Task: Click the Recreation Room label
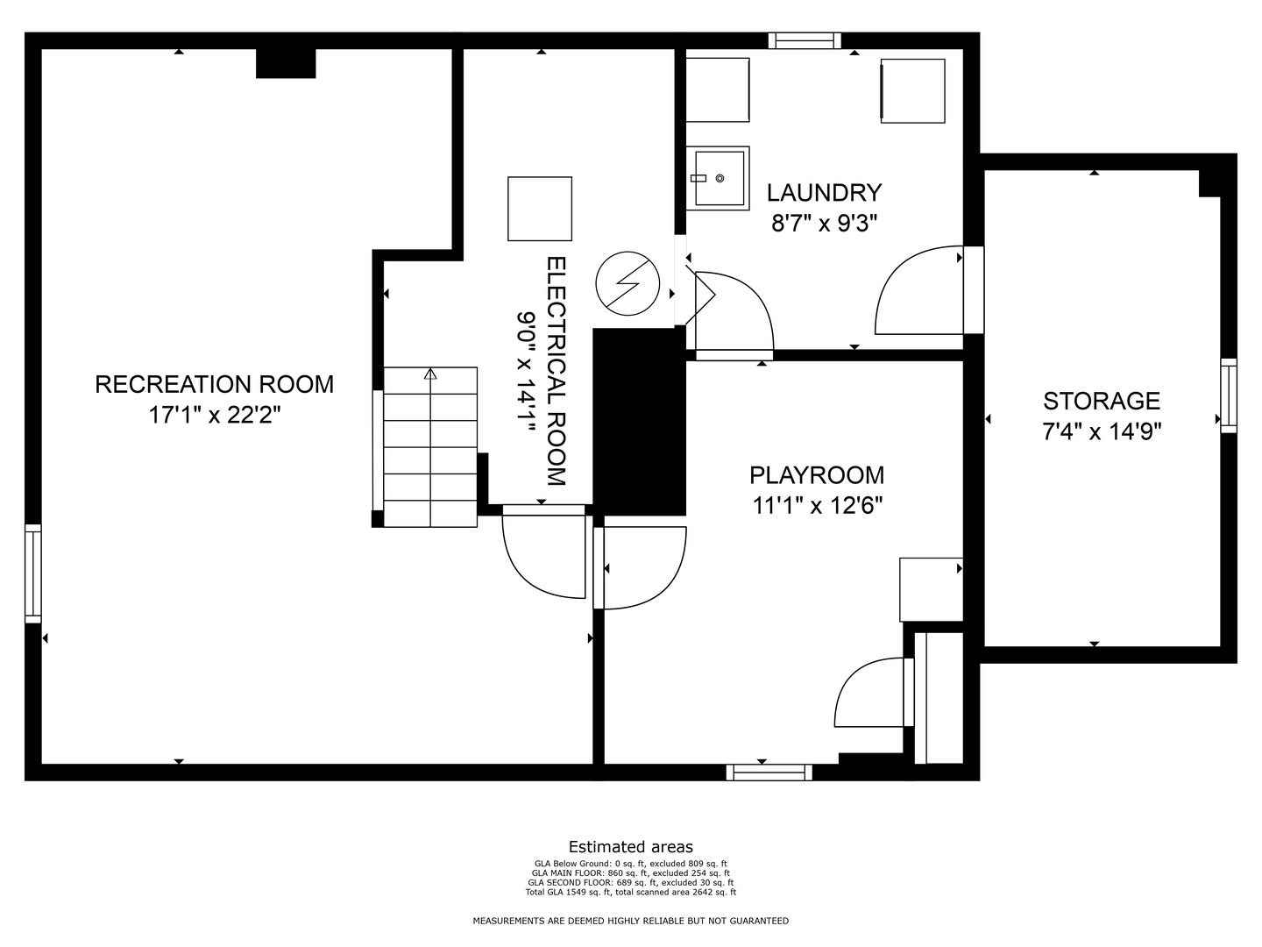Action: pyautogui.click(x=214, y=384)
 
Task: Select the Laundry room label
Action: pyautogui.click(x=824, y=192)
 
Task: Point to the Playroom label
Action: pyautogui.click(x=816, y=475)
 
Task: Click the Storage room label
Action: pyautogui.click(x=1101, y=401)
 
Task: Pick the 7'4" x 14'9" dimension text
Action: pyautogui.click(x=1101, y=431)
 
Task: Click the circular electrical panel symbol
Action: pyautogui.click(x=627, y=283)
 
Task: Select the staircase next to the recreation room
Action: pyautogui.click(x=430, y=447)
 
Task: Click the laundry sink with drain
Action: pyautogui.click(x=717, y=178)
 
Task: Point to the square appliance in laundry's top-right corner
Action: pyautogui.click(x=912, y=90)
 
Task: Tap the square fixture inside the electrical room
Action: pyautogui.click(x=540, y=209)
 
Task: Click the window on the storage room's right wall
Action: pyautogui.click(x=1229, y=395)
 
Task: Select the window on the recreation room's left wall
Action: pyautogui.click(x=32, y=573)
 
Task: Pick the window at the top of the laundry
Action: pyautogui.click(x=805, y=39)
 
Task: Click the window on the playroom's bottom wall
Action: pyautogui.click(x=769, y=773)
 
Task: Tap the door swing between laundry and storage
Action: pyautogui.click(x=918, y=290)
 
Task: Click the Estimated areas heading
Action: pyautogui.click(x=630, y=847)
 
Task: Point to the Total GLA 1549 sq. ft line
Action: pyautogui.click(x=630, y=893)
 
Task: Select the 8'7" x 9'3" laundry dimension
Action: pyautogui.click(x=824, y=224)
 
